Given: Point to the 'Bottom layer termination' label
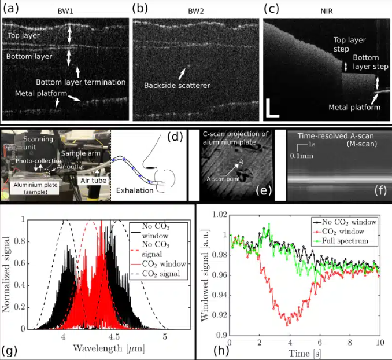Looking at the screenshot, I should (x=80, y=82).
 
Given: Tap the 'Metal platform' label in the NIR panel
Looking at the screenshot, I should (x=354, y=107).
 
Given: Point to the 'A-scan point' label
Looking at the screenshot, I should (x=224, y=180).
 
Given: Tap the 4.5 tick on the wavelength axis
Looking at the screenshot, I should (x=114, y=337).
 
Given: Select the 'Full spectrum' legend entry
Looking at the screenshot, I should (x=353, y=240).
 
